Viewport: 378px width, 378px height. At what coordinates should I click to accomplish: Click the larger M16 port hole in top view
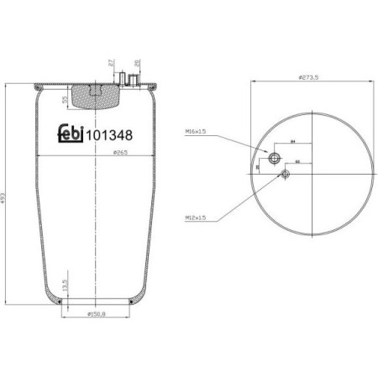tap(274, 159)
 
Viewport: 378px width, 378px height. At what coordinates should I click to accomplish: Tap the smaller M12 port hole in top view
tap(286, 174)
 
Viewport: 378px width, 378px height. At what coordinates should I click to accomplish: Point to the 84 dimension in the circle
tap(293, 143)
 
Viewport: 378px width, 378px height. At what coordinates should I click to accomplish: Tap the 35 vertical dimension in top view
tap(257, 166)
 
